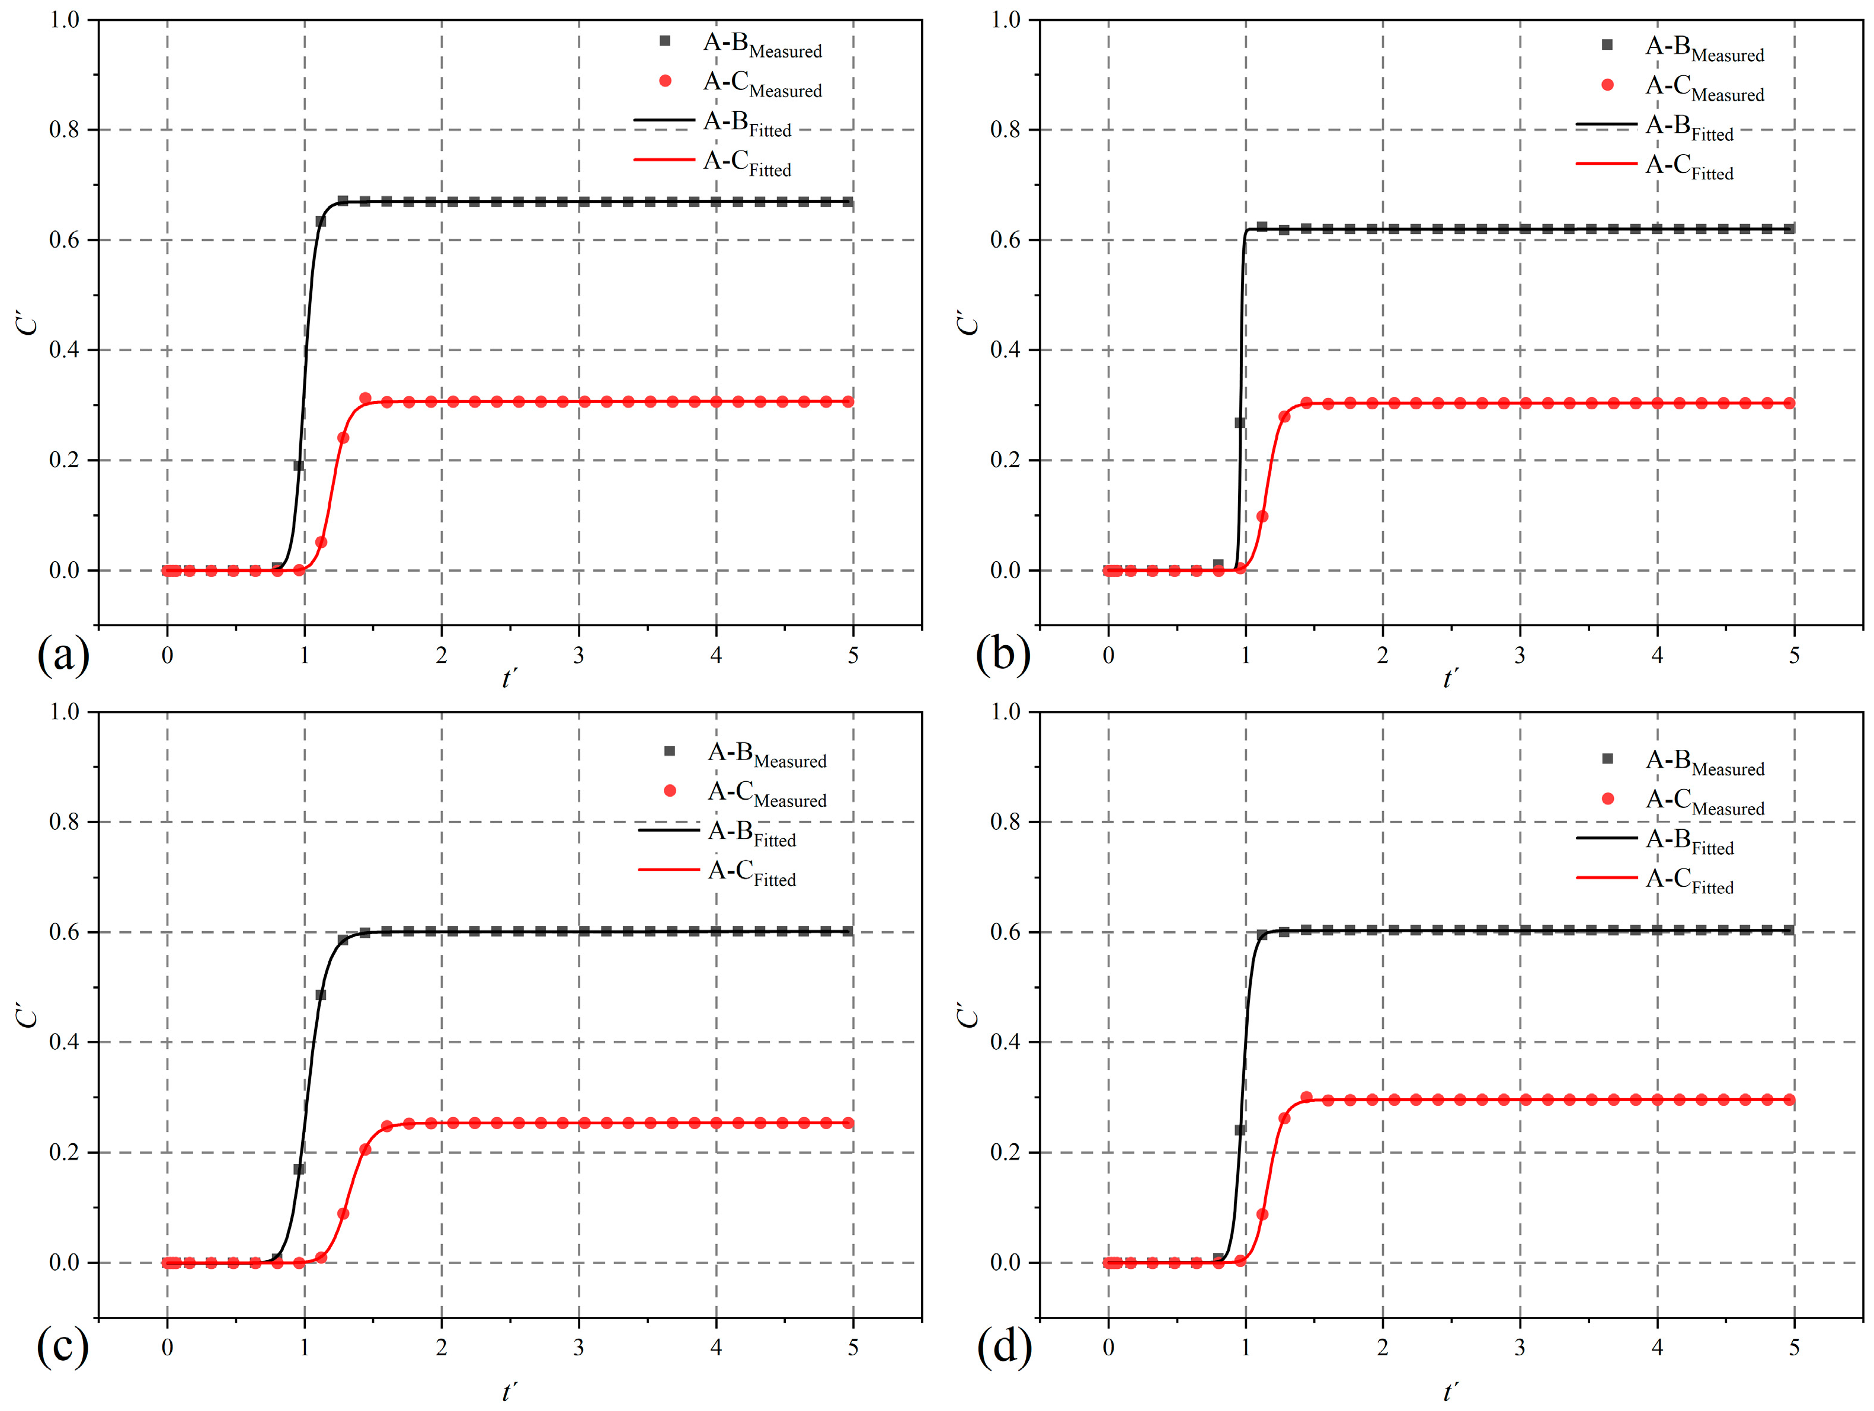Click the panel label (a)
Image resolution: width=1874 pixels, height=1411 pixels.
(x=63, y=655)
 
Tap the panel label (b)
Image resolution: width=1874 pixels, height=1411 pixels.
(x=1002, y=655)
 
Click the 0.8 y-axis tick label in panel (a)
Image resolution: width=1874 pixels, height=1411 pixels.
(x=65, y=130)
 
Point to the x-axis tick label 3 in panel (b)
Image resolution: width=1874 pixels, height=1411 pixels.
(x=1520, y=655)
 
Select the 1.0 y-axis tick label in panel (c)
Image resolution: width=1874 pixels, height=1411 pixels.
(x=65, y=711)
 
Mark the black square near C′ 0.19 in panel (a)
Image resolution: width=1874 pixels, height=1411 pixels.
(x=298, y=465)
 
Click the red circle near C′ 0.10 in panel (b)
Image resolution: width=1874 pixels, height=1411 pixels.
(x=1262, y=516)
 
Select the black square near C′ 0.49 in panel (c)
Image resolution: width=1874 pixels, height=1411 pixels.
(x=320, y=995)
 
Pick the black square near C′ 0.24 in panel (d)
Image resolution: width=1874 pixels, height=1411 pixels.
(x=1240, y=1130)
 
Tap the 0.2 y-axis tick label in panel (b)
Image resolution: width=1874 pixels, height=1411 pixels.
(x=1006, y=460)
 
